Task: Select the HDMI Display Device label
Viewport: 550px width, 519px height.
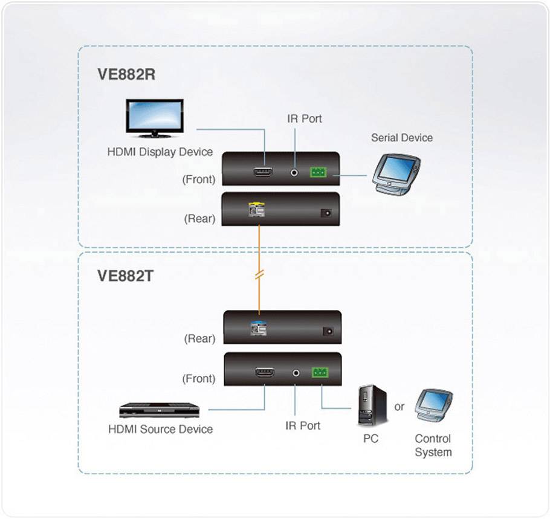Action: coord(160,152)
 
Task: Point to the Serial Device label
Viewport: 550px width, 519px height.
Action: coord(402,138)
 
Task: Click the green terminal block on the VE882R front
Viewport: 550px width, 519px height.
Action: coord(318,173)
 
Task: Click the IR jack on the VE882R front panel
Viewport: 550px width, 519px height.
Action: coord(294,173)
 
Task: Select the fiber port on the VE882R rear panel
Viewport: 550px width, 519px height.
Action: coord(256,211)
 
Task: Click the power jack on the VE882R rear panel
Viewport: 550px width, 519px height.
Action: coord(326,213)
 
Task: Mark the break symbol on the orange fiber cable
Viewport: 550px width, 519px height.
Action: coord(260,274)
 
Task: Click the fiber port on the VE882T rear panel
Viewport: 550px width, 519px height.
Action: coord(259,329)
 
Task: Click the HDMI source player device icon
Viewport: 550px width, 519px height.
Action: coord(159,410)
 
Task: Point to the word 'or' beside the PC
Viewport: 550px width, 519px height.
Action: coord(400,407)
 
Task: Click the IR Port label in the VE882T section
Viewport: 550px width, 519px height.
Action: coord(303,426)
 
